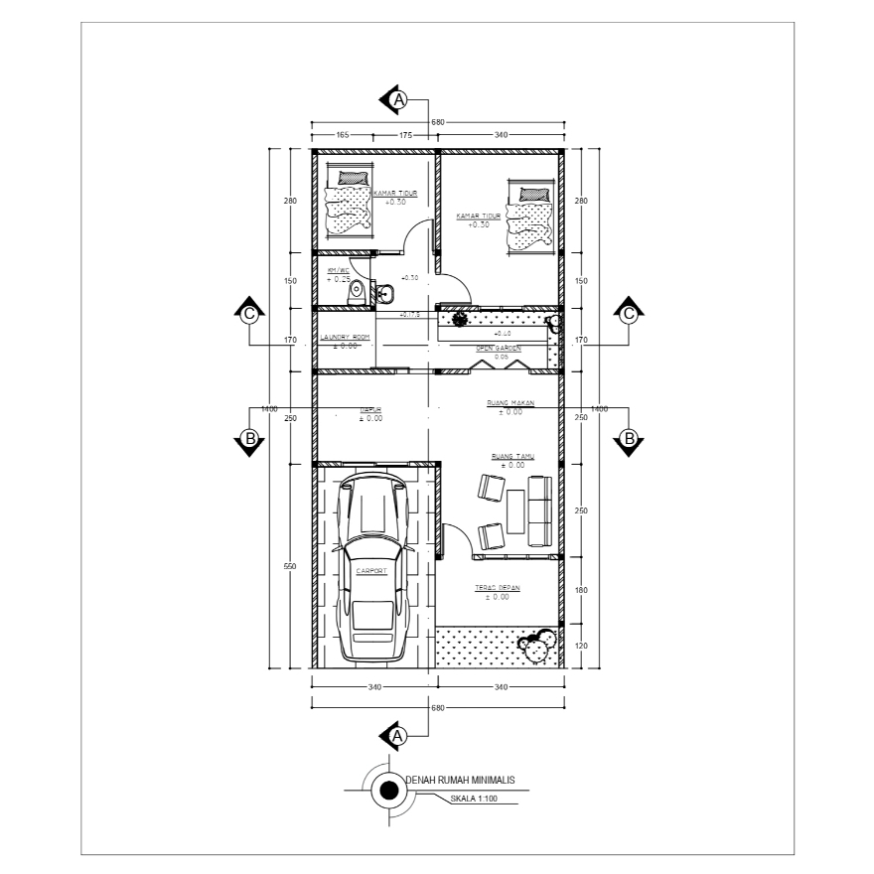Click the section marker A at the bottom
click(397, 736)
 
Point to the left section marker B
click(250, 438)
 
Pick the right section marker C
click(629, 313)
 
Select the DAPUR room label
click(371, 408)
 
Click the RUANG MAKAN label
click(510, 402)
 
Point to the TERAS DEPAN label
click(503, 588)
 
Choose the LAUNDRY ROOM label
click(345, 338)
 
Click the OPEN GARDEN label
click(499, 349)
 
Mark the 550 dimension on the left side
click(290, 566)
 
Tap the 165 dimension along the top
click(341, 133)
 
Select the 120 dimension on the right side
click(582, 646)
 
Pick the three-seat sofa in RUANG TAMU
click(539, 510)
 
